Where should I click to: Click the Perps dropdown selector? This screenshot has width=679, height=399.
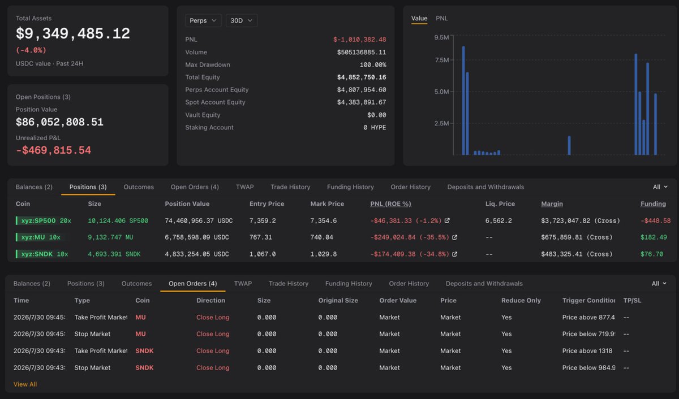point(203,20)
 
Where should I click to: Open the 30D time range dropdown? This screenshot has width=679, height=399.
point(241,20)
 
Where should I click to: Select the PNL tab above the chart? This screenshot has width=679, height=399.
point(442,18)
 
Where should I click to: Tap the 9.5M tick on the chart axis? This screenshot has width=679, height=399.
point(441,37)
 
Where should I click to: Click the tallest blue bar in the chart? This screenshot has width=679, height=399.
point(463,101)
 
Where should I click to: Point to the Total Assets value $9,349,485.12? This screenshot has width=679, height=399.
point(73,33)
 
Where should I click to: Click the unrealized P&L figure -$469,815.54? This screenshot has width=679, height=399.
point(53,150)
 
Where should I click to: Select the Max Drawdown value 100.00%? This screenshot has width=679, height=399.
point(373,65)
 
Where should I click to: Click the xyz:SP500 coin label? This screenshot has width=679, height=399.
point(38,220)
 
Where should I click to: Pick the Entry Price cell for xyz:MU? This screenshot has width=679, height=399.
point(261,237)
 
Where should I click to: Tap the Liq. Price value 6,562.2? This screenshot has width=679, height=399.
point(498,220)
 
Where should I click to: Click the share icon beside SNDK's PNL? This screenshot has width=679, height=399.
point(454,254)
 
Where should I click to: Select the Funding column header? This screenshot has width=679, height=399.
point(653,203)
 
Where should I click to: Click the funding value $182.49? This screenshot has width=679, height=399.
point(654,237)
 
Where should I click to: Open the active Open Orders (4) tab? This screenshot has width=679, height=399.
point(193,284)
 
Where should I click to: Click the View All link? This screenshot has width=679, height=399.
point(25,384)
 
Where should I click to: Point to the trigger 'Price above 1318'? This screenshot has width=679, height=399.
point(587,351)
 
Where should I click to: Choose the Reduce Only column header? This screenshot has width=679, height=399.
point(521,300)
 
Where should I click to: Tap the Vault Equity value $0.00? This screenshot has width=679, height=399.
point(377,115)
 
